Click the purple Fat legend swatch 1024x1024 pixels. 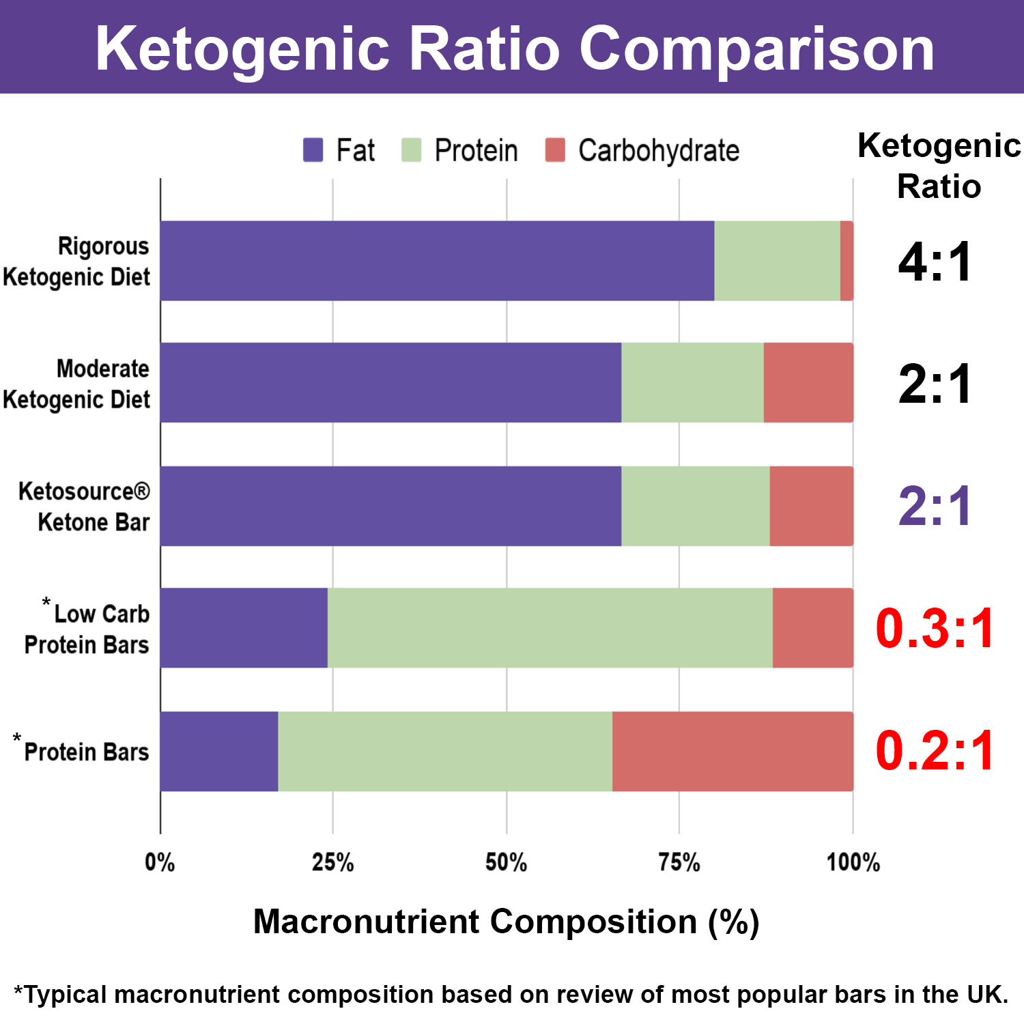click(x=313, y=150)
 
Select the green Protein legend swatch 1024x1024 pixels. click(x=411, y=150)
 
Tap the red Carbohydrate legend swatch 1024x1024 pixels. click(x=555, y=150)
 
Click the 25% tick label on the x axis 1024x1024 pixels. click(x=333, y=863)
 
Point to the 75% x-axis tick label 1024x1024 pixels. click(x=679, y=863)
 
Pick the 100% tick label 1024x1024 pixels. click(x=853, y=863)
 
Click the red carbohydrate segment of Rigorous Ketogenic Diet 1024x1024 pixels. click(x=847, y=261)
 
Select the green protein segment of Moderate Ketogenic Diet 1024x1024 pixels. click(x=692, y=383)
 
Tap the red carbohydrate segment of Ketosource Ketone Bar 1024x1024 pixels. click(x=811, y=506)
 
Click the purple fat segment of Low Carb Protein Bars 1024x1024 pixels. click(x=244, y=628)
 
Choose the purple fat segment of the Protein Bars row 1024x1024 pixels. click(x=219, y=752)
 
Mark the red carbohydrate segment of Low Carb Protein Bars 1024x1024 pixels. click(x=812, y=628)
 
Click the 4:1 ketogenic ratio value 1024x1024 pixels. click(x=935, y=262)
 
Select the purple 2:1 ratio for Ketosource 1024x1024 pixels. click(x=935, y=507)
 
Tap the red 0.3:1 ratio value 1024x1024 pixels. click(x=935, y=628)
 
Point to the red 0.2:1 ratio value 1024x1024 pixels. click(x=935, y=751)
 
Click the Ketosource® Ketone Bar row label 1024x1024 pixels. click(x=85, y=507)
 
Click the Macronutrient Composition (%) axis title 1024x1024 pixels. click(x=506, y=922)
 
